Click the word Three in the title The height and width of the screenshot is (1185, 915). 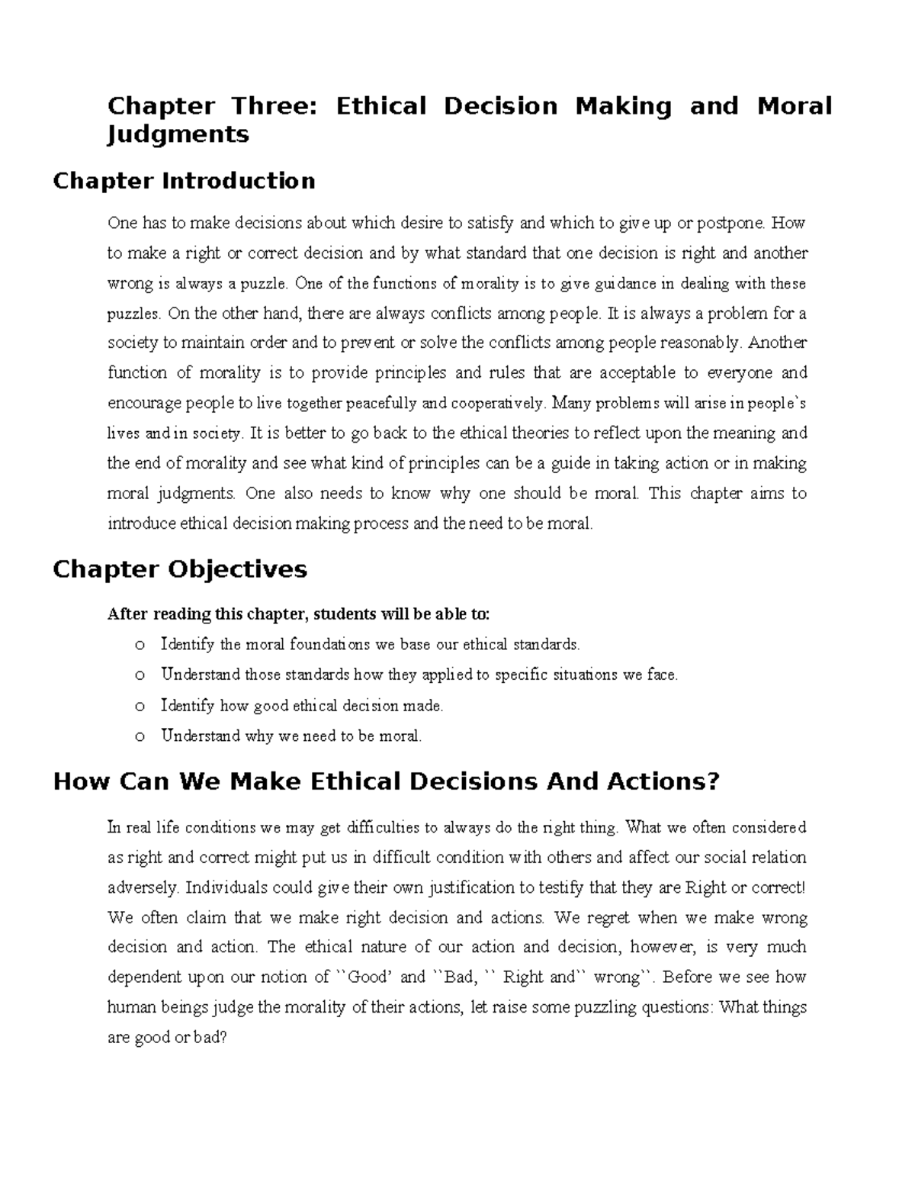[x=263, y=105]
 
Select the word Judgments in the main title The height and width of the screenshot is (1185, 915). [x=178, y=134]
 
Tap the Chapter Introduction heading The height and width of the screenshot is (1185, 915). [x=183, y=181]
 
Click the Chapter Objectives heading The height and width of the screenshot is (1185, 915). [x=179, y=569]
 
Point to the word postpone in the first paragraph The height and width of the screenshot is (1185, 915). [x=732, y=224]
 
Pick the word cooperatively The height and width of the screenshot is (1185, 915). [x=499, y=404]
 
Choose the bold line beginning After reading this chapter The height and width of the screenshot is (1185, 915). [x=300, y=614]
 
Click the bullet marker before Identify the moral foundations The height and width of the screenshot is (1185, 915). [x=138, y=646]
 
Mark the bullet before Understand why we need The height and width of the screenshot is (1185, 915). [x=138, y=737]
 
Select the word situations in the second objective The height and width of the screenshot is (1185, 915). [x=593, y=675]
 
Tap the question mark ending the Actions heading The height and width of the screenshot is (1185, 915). [x=712, y=782]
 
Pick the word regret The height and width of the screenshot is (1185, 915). [x=608, y=917]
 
